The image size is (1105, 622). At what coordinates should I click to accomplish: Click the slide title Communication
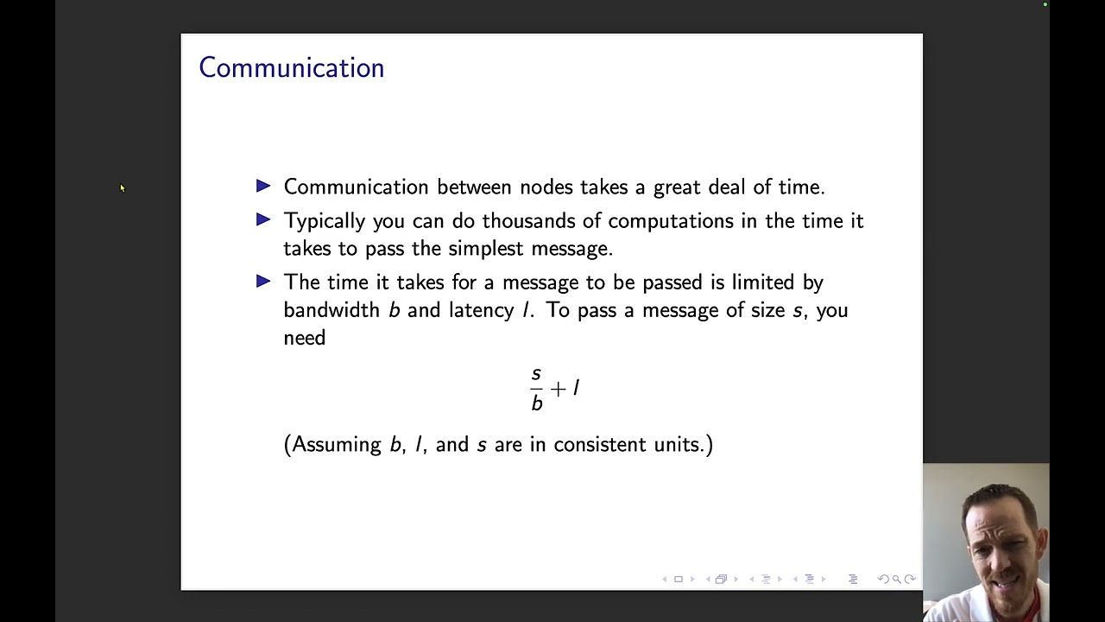tap(291, 68)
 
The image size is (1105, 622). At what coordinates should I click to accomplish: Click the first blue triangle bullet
tap(263, 186)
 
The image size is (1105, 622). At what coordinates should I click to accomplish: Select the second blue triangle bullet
tap(263, 219)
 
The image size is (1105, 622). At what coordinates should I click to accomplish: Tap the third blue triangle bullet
tap(263, 281)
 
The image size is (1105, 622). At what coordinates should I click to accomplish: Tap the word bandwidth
tap(331, 310)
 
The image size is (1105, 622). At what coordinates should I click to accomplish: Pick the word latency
tap(481, 310)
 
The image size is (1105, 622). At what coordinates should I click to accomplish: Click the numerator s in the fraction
tap(536, 373)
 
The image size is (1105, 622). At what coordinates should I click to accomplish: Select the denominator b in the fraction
tap(537, 403)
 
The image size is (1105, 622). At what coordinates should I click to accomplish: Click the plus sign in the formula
tap(558, 389)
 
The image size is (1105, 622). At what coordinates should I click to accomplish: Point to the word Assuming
tap(336, 445)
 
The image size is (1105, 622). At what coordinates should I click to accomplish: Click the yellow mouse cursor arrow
tap(122, 187)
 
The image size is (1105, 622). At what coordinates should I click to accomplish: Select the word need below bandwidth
tap(304, 338)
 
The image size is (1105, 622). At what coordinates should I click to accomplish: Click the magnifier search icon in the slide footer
tap(896, 579)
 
